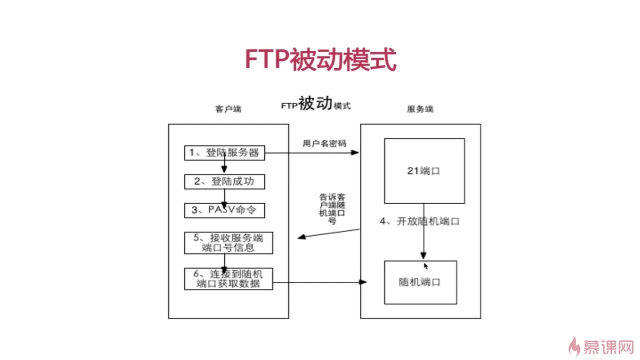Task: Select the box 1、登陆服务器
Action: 224,153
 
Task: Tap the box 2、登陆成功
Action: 224,181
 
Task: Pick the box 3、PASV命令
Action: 224,210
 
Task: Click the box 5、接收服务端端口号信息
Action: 228,243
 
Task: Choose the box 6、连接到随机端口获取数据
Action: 228,279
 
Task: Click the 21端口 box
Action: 424,170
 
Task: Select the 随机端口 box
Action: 420,282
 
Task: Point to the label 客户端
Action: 228,109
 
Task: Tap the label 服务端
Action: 420,109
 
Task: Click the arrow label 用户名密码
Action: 324,143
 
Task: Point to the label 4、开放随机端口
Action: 419,221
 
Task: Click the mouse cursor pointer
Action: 425,266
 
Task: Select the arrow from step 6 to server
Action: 320,283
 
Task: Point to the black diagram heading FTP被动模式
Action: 315,104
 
